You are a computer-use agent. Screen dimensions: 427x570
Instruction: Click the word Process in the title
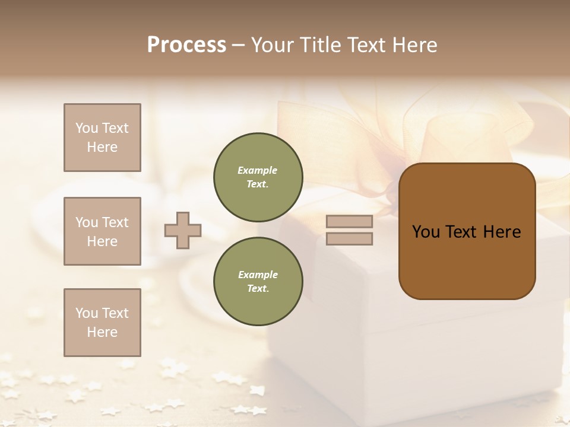tap(186, 45)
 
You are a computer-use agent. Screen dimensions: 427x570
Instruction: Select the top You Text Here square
tap(102, 138)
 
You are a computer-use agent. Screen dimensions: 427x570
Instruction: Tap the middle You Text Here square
tap(102, 231)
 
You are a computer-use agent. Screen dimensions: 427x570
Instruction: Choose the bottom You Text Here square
tap(102, 323)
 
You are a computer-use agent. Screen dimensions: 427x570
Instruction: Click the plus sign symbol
tap(183, 230)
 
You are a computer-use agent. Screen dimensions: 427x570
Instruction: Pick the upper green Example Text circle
tap(258, 177)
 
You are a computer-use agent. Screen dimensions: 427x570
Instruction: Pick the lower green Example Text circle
tap(258, 282)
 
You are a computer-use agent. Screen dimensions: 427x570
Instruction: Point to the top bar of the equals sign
tap(349, 221)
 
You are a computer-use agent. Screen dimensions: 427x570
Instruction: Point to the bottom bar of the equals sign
tap(349, 238)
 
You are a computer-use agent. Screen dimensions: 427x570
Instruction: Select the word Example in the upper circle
tap(258, 170)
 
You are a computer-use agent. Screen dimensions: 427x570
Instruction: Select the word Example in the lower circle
tap(258, 275)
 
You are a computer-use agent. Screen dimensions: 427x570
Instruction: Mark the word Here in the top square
tap(102, 147)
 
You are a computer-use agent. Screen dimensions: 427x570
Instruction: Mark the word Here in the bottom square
tap(102, 332)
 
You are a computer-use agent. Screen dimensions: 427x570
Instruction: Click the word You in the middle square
tap(85, 222)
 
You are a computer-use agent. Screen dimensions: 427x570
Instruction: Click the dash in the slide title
tap(239, 46)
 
